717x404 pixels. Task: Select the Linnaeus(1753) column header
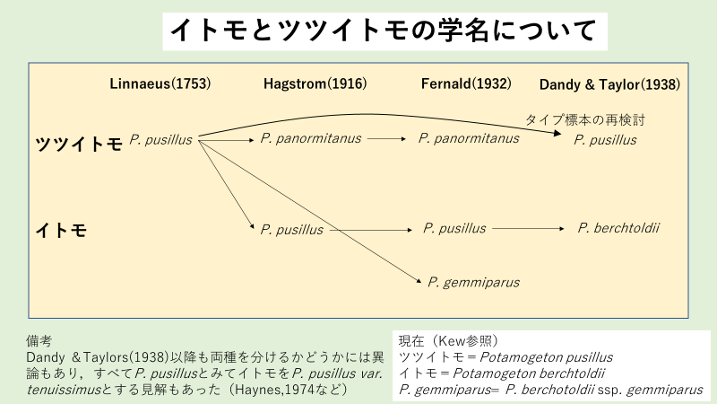(160, 83)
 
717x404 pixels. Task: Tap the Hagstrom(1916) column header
(315, 83)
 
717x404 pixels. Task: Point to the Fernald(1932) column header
(465, 83)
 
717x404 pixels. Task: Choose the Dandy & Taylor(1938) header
(609, 84)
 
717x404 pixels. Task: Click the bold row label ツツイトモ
(78, 142)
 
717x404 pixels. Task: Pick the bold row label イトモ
(61, 230)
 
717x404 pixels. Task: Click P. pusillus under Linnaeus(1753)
(161, 139)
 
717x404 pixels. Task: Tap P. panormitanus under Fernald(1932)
(469, 138)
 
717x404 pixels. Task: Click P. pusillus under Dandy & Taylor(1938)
(605, 139)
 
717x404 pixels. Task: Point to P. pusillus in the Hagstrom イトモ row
(291, 230)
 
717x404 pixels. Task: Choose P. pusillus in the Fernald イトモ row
(454, 228)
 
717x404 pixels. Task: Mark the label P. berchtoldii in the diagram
(618, 228)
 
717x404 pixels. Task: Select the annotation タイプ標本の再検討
(584, 119)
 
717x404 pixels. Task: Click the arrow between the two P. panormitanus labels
(386, 139)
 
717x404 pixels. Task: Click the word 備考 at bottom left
(39, 341)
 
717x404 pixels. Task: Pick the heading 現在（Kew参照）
(445, 341)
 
